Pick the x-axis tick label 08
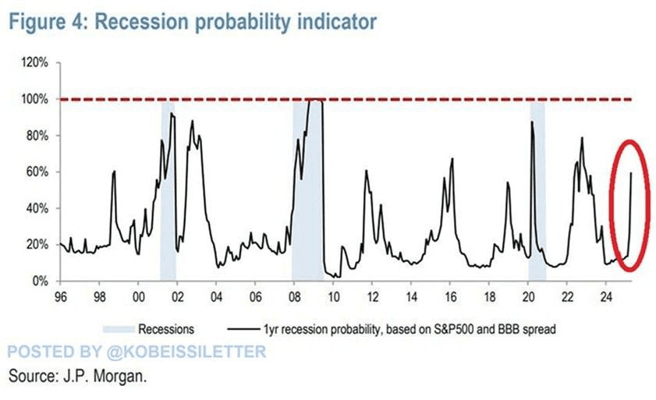(294, 297)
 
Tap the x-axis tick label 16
(450, 297)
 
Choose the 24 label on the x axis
(606, 297)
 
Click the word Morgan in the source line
(118, 376)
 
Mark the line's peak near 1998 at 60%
(114, 172)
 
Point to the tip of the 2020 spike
(532, 122)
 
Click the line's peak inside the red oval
(631, 172)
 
